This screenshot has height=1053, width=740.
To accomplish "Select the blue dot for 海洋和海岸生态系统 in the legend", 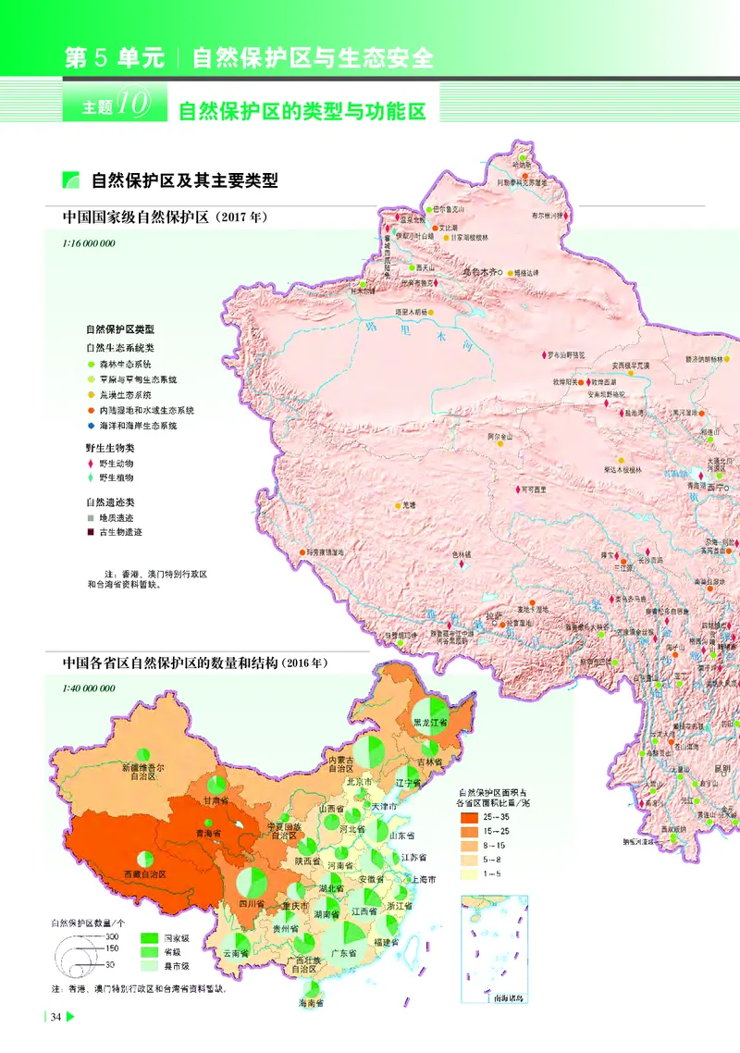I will coord(91,426).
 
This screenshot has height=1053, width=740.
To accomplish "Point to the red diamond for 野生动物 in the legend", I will coord(91,463).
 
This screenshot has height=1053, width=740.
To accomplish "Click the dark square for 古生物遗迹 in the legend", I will coord(91,532).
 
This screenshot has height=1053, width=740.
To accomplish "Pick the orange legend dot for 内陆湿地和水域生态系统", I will coord(91,410).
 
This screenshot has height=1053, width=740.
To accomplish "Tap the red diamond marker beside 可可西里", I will coord(519,489).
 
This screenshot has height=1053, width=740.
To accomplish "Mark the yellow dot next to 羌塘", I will coord(396,505).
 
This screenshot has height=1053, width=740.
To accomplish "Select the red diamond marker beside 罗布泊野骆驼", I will coord(545,354).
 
